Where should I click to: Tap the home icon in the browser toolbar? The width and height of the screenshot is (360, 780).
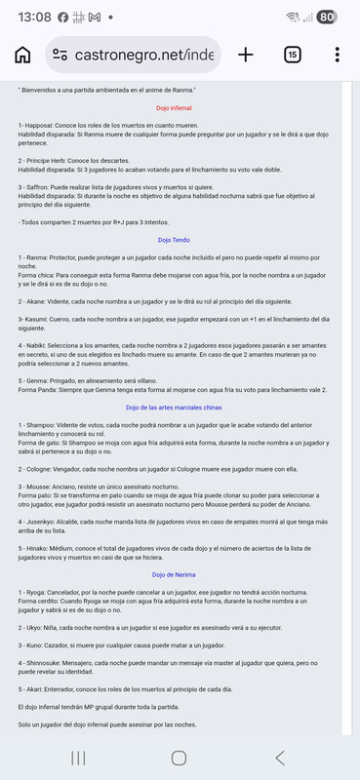(22, 55)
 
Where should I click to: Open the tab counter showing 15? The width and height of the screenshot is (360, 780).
(292, 55)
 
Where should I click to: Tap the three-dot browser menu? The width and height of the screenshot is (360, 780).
(337, 55)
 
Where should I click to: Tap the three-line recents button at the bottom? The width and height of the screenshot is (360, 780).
(78, 758)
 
